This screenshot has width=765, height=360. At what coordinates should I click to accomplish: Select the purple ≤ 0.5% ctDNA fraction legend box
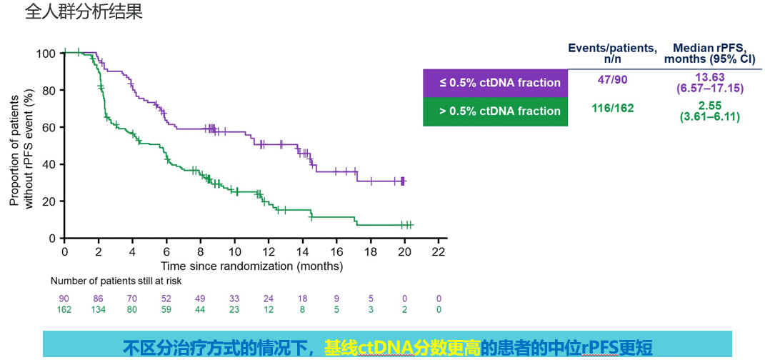pos(495,83)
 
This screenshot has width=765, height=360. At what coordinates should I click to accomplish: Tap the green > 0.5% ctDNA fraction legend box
pos(495,111)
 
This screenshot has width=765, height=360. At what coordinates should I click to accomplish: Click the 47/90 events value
pos(612,79)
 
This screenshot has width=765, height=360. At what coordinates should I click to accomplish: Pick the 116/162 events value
pos(612,108)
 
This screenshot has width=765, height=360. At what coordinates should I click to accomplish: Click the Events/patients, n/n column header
pos(612,53)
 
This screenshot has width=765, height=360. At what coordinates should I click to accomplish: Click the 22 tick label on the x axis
pos(439,251)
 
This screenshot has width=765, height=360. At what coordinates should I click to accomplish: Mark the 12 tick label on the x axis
pos(269,251)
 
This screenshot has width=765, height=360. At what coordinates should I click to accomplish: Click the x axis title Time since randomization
pos(251,266)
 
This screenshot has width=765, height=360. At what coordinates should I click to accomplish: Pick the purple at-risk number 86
pos(99,299)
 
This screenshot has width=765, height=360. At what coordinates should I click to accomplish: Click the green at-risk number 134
pos(99,309)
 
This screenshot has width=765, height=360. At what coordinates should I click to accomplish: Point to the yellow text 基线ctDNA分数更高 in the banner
pos(401,348)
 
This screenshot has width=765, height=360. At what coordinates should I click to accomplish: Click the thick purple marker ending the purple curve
pos(403,181)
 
